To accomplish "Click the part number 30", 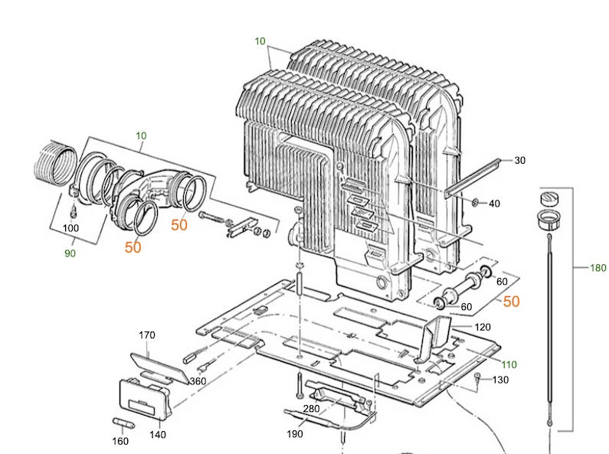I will tap(519, 160).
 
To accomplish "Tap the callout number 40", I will tap(494, 204).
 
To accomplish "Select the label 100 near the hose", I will tap(70, 228).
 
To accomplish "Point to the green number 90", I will tap(70, 253).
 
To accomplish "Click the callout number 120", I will tap(483, 327).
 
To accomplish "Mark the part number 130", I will tap(500, 381).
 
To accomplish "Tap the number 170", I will tap(146, 335).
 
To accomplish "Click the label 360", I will tap(197, 381).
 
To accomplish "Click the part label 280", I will tap(311, 409).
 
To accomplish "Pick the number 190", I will tap(295, 434).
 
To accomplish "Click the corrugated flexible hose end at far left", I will tap(54, 162).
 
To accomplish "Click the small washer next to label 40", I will tap(476, 202).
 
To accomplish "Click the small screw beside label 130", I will tap(479, 376).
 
